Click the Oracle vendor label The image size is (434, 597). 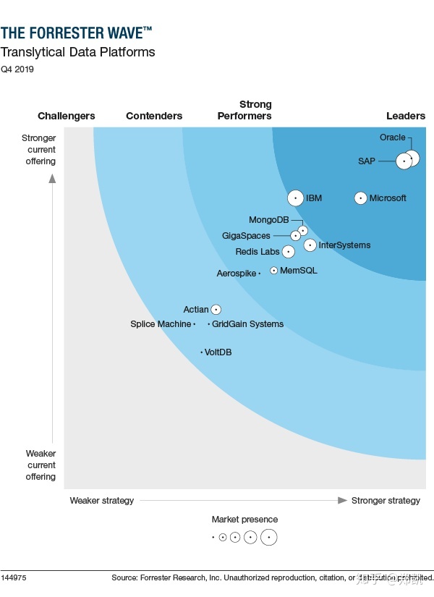tap(393, 137)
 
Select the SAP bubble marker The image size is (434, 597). tap(404, 161)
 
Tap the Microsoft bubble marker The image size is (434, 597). tap(360, 198)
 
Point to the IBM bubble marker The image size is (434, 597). tap(295, 198)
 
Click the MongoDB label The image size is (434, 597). tap(268, 220)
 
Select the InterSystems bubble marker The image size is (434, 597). tap(310, 245)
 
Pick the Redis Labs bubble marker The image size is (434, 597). tap(288, 252)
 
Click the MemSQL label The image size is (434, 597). tap(298, 271)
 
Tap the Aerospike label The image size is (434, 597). tap(237, 274)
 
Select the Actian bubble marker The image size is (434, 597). tap(216, 310)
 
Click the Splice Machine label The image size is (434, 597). tap(161, 324)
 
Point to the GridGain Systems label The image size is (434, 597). tap(247, 324)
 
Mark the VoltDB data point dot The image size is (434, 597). tap(202, 352)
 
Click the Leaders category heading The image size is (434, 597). tap(406, 116)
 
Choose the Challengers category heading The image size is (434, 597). tap(67, 116)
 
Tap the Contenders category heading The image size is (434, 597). tap(154, 116)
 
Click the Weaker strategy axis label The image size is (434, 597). tap(102, 501)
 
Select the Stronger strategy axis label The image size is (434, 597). tap(386, 501)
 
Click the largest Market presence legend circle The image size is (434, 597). tap(269, 537)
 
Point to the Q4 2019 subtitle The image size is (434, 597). tap(17, 69)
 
